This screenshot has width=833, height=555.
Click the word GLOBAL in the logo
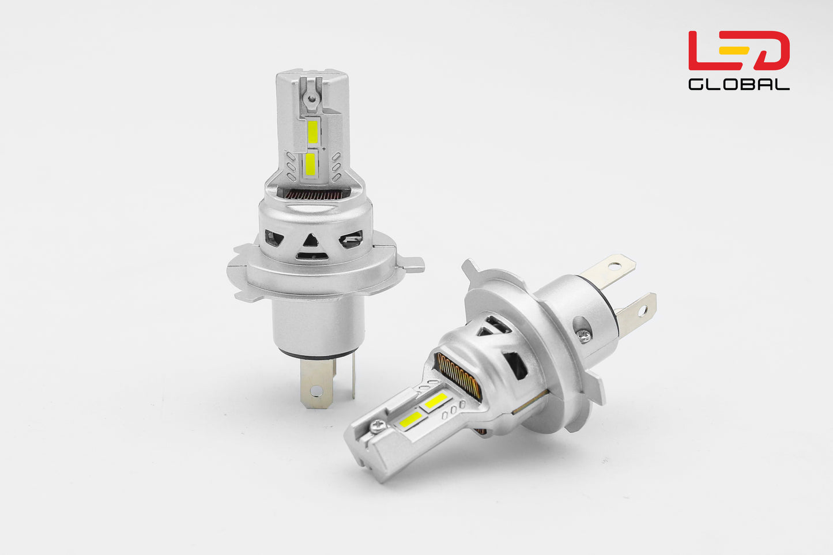pos(738,84)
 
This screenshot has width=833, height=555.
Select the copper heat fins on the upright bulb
pos(312,195)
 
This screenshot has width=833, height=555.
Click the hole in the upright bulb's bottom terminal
pos(315,390)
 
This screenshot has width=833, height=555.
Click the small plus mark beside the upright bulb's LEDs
pos(325,150)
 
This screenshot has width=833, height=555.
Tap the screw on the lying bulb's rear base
pos(584,335)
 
